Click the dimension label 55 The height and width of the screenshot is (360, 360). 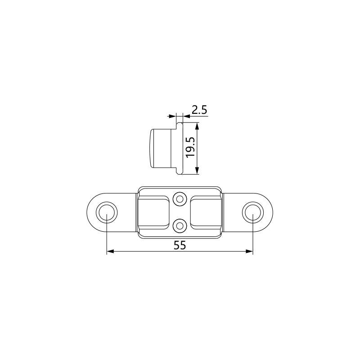(x=180, y=245)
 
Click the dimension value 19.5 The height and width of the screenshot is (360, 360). (x=190, y=148)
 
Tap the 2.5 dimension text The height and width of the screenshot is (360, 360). (x=199, y=110)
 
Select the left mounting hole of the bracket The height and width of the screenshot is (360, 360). (x=107, y=212)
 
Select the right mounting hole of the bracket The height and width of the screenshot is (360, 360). (x=253, y=212)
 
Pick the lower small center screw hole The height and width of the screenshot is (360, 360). (x=180, y=226)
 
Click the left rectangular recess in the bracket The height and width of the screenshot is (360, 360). (x=153, y=212)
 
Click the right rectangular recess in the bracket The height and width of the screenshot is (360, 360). (x=206, y=212)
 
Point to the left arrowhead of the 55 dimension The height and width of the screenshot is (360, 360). (x=110, y=252)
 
